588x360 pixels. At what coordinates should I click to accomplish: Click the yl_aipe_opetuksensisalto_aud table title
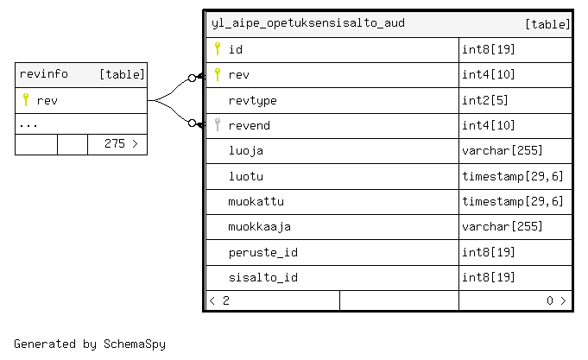pos(308,23)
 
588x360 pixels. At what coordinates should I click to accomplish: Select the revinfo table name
pos(43,74)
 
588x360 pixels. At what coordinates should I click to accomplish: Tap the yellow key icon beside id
pos(218,48)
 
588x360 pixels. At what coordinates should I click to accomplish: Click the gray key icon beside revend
pos(218,124)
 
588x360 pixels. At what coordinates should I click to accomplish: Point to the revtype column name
pos(252,100)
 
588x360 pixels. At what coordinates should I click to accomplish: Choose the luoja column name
pos(245,151)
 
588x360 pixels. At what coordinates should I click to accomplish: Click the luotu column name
pos(245,176)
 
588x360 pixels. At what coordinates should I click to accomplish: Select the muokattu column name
pos(256,201)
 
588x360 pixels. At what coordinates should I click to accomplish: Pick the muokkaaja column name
pos(260,226)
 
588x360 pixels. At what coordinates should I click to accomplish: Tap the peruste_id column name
pos(262,252)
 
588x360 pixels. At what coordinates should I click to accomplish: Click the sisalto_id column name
pos(262,277)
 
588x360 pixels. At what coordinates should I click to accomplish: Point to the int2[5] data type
pos(485,100)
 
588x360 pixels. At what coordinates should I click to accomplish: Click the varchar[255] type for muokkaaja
pos(503,226)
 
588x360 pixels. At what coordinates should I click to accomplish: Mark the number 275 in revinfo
pos(114,143)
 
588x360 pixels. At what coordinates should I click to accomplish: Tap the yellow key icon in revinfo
pos(26,100)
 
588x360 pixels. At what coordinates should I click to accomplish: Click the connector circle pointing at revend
pos(192,123)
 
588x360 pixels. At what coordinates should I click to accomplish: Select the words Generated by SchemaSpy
pos(90,344)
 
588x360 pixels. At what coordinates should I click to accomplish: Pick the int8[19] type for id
pos(488,49)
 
